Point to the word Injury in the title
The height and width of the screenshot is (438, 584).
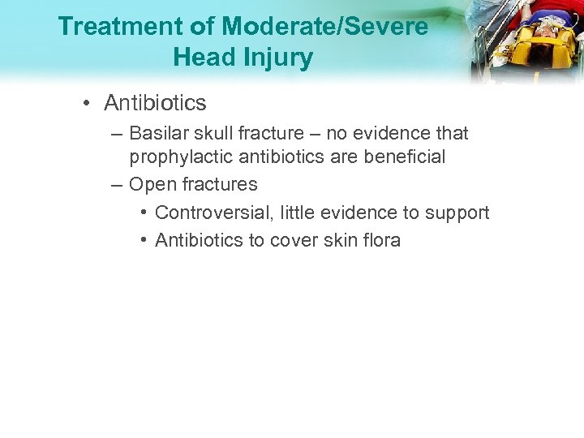(x=281, y=58)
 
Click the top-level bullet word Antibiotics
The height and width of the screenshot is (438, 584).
(x=155, y=103)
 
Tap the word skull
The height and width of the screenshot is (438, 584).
(x=217, y=132)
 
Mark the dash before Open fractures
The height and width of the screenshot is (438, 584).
(x=117, y=184)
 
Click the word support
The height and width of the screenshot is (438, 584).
(x=457, y=213)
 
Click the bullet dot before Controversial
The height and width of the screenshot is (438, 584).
(x=142, y=213)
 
